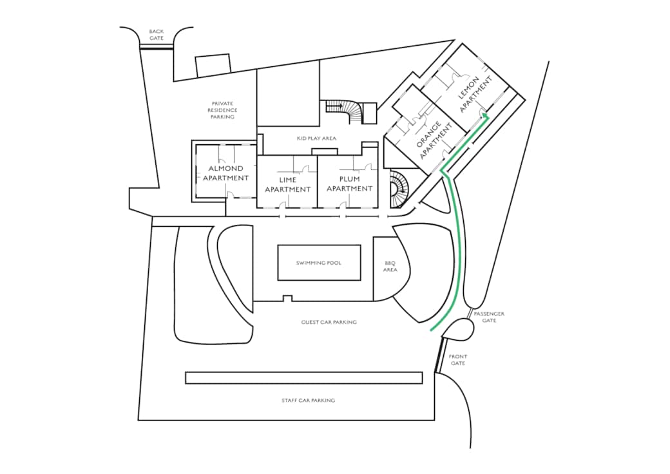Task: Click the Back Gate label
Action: coord(157,35)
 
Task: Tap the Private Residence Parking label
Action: coord(222,110)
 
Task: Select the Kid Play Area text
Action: coord(316,138)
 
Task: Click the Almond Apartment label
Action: coord(225,173)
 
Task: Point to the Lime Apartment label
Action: coord(287,184)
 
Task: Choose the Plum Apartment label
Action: coord(350,184)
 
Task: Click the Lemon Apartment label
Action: coord(475,94)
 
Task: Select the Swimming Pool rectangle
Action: coord(319,263)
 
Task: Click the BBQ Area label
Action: coord(390,267)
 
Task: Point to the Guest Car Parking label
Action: coord(329,322)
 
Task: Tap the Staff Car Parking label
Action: coord(308,400)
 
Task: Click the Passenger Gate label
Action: coord(489,317)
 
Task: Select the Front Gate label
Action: coord(457,359)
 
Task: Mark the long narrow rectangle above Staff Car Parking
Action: coord(304,378)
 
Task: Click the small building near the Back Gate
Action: coord(213,65)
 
